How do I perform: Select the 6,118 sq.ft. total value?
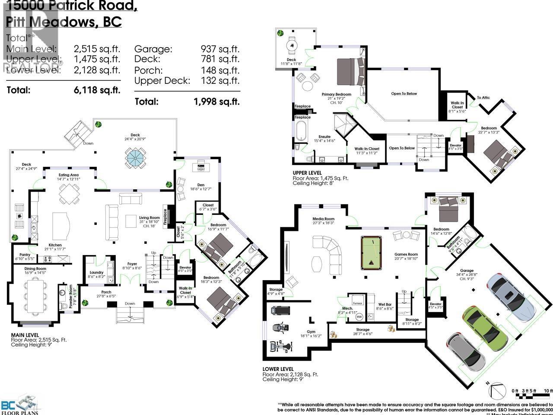(x=96, y=90)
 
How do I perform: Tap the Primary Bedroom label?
(x=336, y=94)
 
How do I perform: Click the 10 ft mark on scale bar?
(x=547, y=391)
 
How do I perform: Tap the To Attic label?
(x=483, y=98)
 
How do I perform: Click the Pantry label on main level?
(x=22, y=255)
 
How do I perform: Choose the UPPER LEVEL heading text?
(x=307, y=172)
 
